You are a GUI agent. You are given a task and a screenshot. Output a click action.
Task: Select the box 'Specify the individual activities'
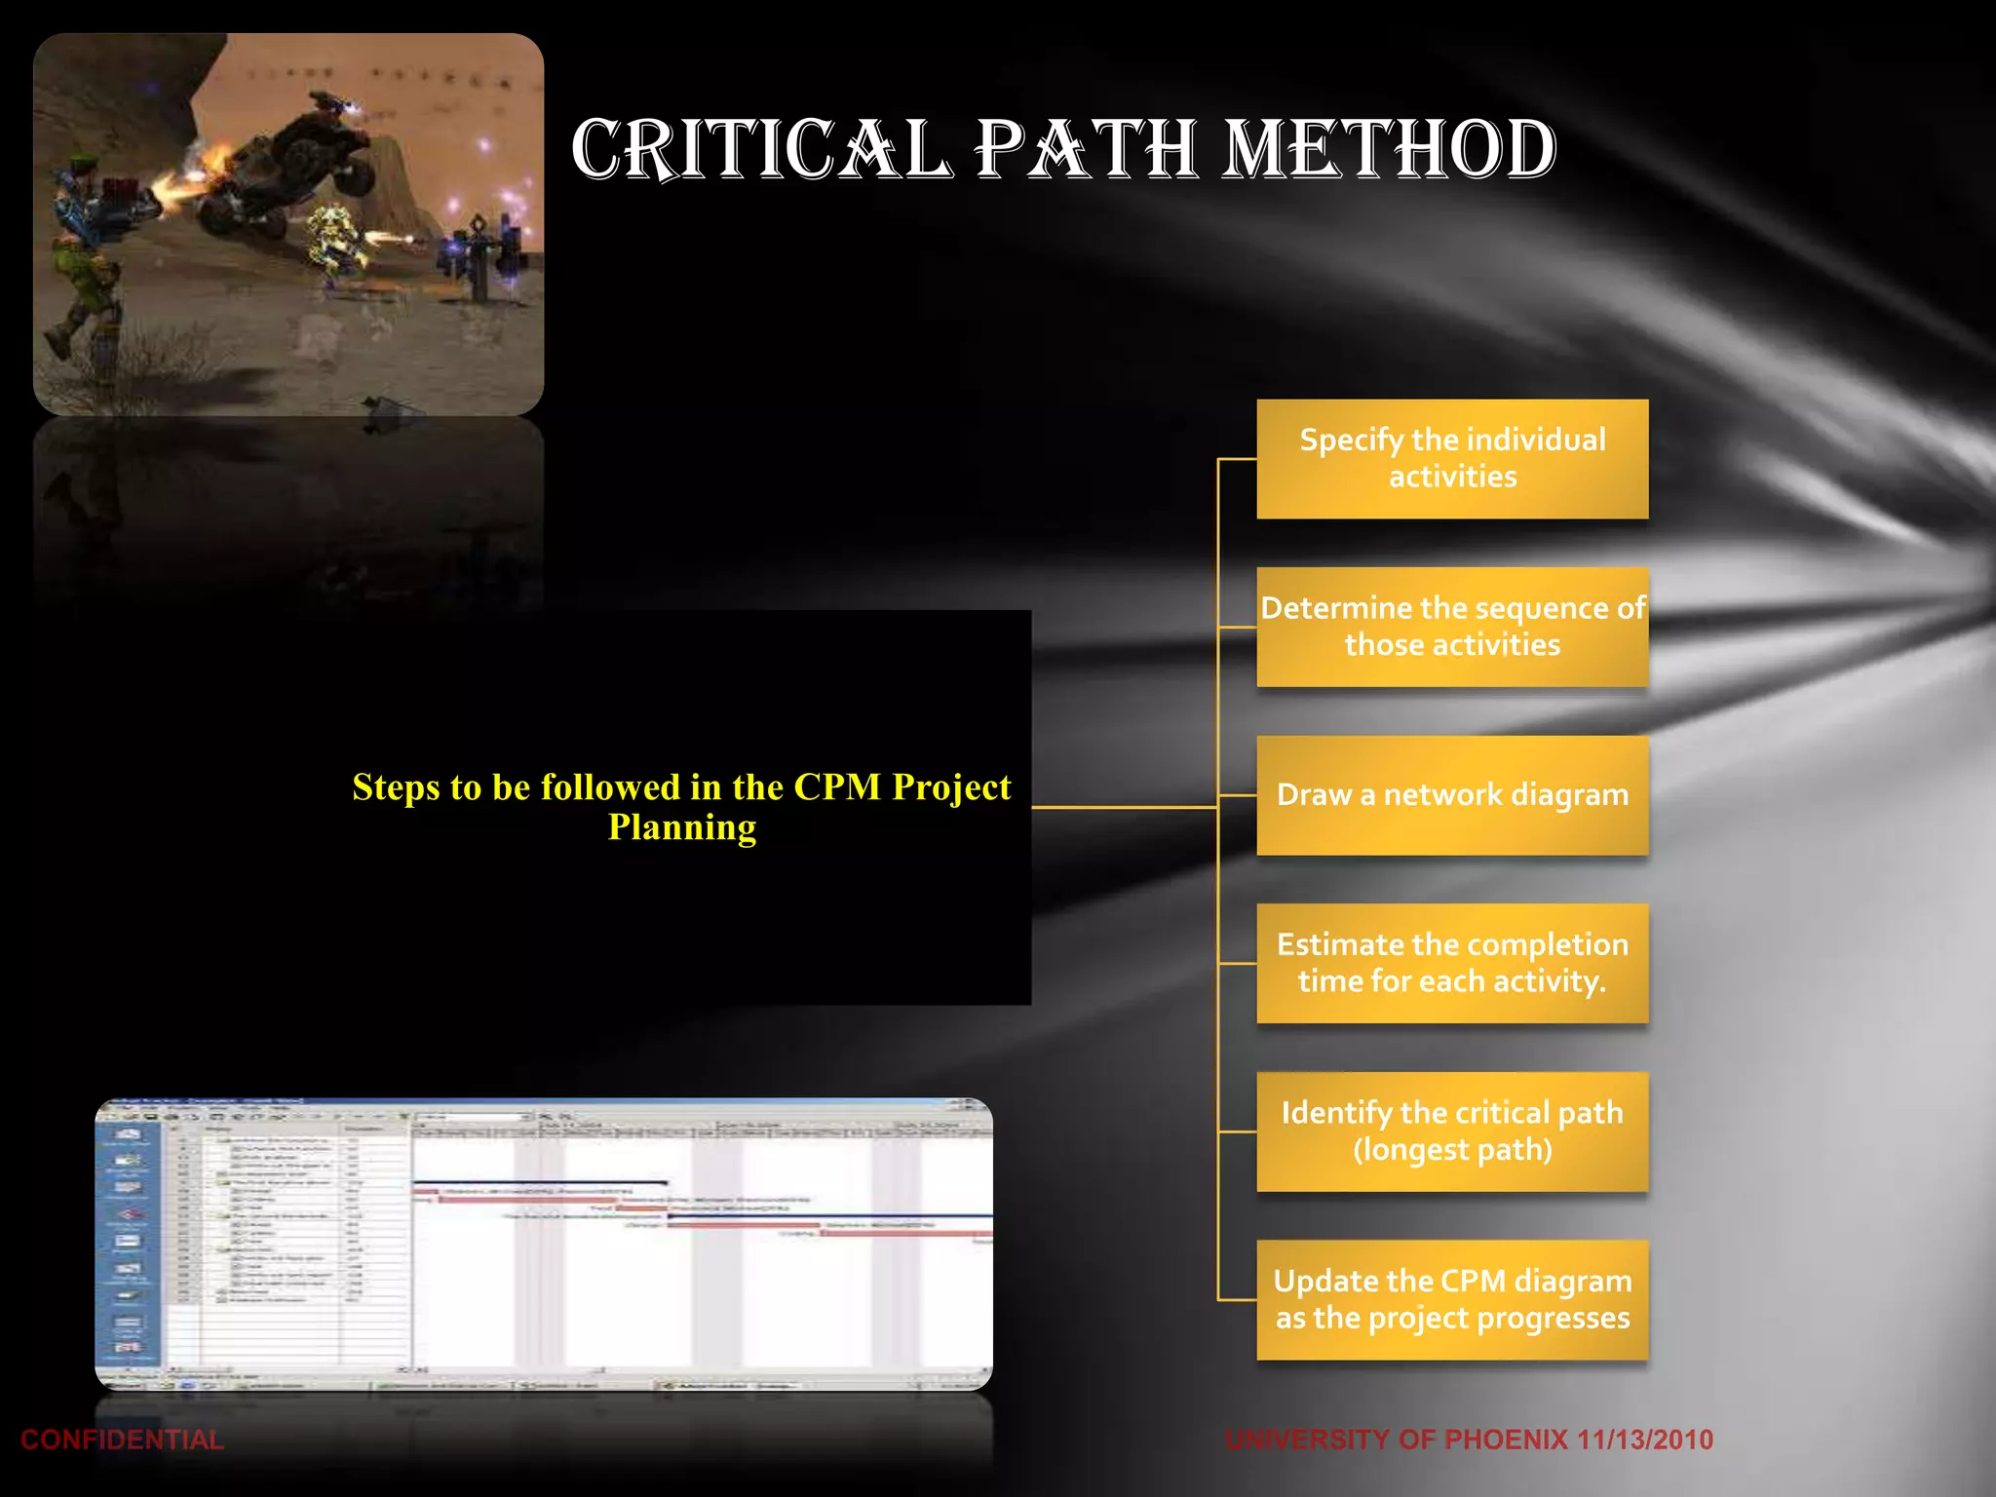pyautogui.click(x=1452, y=458)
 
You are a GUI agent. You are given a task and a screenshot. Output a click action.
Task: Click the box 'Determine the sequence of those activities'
pyautogui.click(x=1452, y=627)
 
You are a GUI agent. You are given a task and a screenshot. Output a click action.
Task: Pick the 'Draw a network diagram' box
pyautogui.click(x=1452, y=795)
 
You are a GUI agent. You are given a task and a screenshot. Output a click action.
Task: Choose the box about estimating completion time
pyautogui.click(x=1452, y=963)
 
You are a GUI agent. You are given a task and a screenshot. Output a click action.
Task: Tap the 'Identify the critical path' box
pyautogui.click(x=1452, y=1132)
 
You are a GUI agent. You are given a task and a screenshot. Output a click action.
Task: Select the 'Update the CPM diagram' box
pyautogui.click(x=1452, y=1299)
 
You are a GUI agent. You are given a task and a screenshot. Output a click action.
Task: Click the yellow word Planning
pyautogui.click(x=682, y=828)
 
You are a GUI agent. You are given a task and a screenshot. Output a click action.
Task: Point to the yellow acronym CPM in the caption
pyautogui.click(x=837, y=787)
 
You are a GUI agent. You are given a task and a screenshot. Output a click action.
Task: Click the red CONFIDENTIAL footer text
pyautogui.click(x=122, y=1439)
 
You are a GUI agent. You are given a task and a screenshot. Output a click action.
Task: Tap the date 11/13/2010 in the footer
pyautogui.click(x=1645, y=1439)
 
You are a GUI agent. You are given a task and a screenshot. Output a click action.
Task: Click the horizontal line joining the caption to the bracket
pyautogui.click(x=1121, y=807)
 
